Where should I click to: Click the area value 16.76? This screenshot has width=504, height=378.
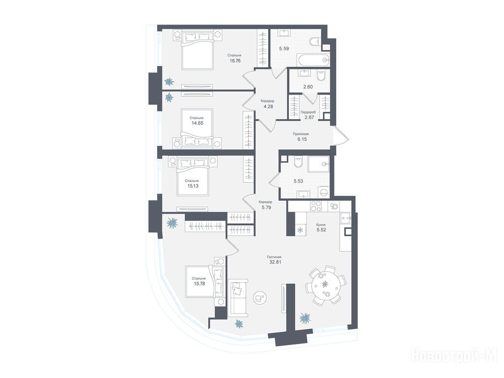tap(235, 61)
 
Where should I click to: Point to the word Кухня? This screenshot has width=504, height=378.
tap(321, 224)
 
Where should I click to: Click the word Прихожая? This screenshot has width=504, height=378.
tap(301, 134)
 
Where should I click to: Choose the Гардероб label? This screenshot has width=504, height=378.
tap(308, 112)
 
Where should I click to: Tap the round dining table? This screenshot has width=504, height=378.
tap(326, 285)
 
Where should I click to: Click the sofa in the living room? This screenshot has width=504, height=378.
tap(238, 298)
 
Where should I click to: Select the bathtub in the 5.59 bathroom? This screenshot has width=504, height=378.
tap(314, 60)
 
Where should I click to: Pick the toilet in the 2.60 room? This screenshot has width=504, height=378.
tap(321, 76)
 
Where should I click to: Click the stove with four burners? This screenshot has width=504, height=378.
tap(316, 206)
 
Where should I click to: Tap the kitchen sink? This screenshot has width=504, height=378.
tap(345, 218)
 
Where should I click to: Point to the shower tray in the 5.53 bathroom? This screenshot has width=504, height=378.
tap(319, 164)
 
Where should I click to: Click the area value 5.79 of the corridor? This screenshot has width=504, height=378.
tap(265, 208)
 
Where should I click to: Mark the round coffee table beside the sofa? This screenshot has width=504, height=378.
tap(259, 298)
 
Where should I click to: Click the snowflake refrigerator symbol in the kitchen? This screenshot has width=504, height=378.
tap(301, 230)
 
